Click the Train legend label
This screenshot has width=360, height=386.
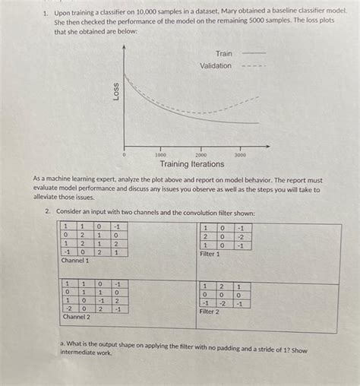[224, 54]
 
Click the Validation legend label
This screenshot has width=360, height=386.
[216, 66]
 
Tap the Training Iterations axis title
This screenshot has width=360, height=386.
[191, 164]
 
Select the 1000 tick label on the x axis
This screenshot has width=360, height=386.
[161, 154]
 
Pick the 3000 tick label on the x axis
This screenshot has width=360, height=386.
[240, 154]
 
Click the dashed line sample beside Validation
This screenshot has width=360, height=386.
[254, 66]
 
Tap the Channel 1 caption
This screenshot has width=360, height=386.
[74, 261]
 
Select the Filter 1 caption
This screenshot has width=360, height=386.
[210, 254]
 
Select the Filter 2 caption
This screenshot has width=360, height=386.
[210, 312]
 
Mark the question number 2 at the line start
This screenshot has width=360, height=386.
[46, 213]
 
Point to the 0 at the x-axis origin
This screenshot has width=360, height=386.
[124, 154]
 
